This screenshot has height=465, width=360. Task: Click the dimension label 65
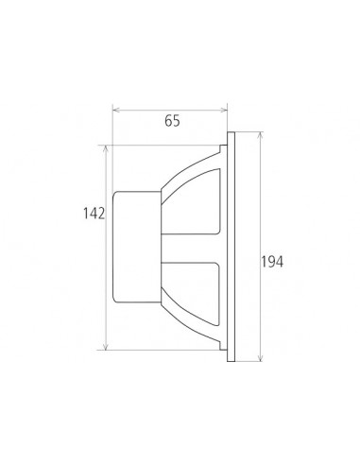[172, 121]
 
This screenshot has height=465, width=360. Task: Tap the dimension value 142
[94, 214]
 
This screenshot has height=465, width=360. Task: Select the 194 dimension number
[272, 262]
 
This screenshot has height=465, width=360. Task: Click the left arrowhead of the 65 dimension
[116, 110]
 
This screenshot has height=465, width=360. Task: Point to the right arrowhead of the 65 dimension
[224, 110]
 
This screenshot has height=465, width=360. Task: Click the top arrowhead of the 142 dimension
[107, 148]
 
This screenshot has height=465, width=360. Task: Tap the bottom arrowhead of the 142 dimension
[107, 346]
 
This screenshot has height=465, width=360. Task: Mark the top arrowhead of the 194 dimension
[260, 135]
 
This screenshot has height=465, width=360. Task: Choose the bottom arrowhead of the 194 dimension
[260, 357]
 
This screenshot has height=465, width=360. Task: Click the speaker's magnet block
[137, 248]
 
